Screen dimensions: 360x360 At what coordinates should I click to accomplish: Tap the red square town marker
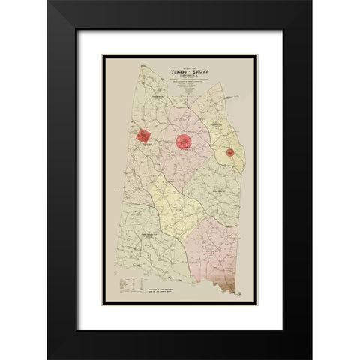(143, 136)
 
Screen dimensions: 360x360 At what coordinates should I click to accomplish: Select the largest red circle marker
(184, 141)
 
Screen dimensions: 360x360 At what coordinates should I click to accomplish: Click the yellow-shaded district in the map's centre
(177, 209)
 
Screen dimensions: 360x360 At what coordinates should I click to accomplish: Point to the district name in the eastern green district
(219, 192)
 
